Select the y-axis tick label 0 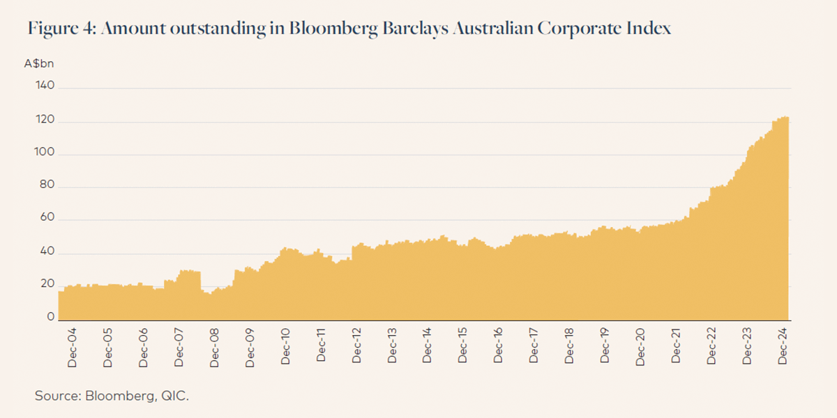pyautogui.click(x=50, y=317)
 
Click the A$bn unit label pyautogui.click(x=39, y=63)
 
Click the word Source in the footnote pyautogui.click(x=57, y=396)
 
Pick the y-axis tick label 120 pyautogui.click(x=45, y=122)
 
